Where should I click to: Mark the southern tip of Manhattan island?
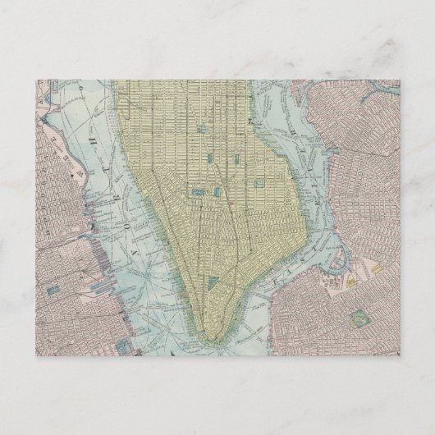pyautogui.click(x=203, y=336)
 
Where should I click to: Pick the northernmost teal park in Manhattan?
pyautogui.click(x=203, y=129)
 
